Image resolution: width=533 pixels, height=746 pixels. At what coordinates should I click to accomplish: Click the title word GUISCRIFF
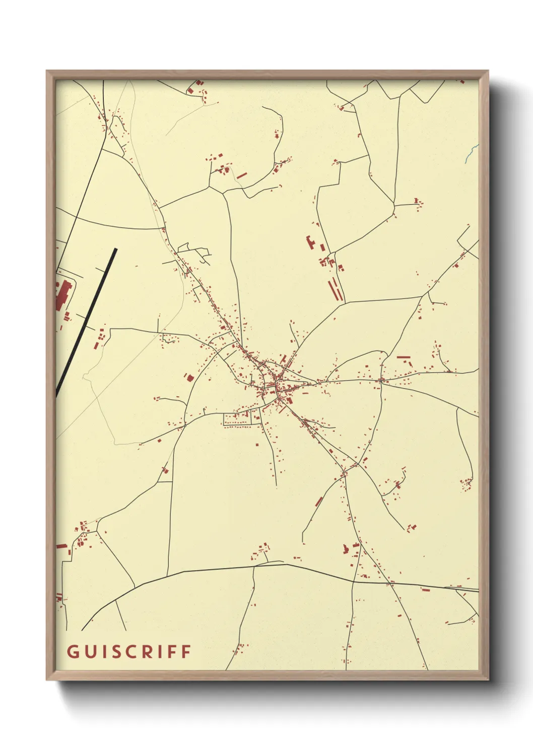point(129,651)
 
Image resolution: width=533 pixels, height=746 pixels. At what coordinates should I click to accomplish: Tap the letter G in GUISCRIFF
point(72,651)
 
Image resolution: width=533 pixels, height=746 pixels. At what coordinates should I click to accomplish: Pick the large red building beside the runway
point(62,295)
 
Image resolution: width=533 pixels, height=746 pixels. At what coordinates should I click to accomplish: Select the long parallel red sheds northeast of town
point(336,290)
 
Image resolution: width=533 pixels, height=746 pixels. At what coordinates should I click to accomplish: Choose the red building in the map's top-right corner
point(461,81)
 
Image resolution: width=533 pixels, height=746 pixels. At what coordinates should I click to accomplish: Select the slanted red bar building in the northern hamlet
point(242,175)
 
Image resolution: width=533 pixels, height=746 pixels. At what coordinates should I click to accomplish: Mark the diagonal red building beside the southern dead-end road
point(318,502)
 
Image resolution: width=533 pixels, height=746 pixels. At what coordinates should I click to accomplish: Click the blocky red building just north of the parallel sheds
point(310,241)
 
